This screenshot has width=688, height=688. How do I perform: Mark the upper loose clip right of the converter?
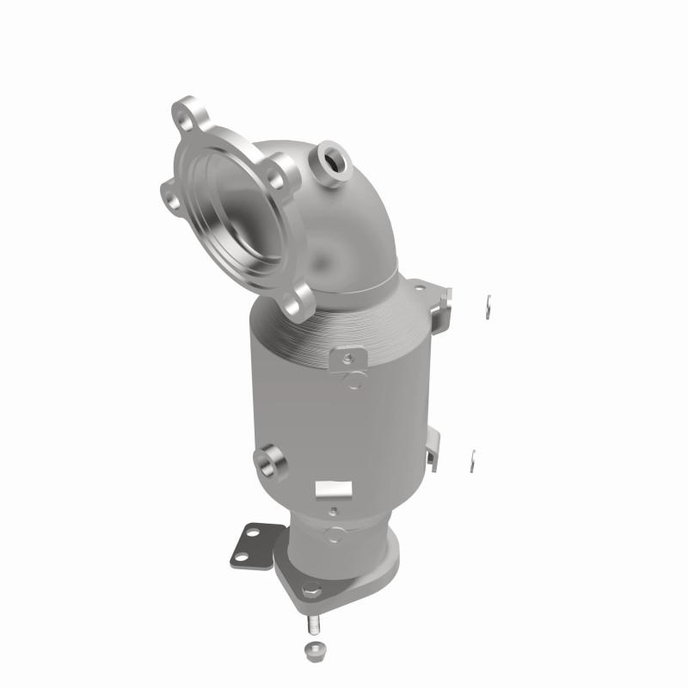click(x=486, y=302)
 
